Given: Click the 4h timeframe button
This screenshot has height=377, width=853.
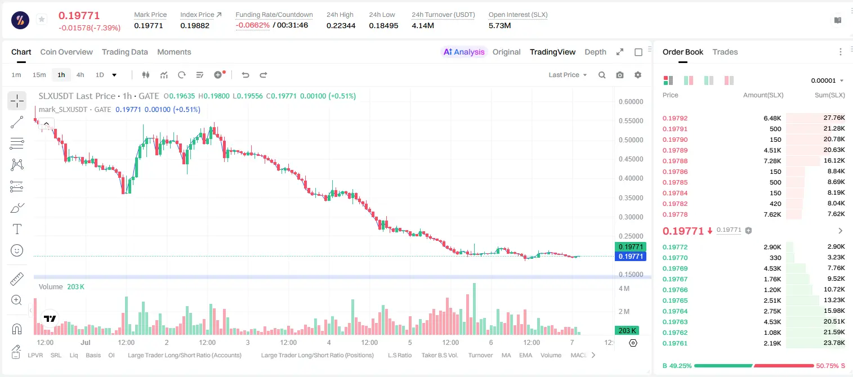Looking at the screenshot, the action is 80,75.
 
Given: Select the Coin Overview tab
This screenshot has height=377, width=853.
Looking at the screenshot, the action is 66,52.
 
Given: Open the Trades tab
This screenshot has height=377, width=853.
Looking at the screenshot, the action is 725,52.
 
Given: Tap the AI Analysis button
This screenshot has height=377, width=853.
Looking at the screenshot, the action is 464,52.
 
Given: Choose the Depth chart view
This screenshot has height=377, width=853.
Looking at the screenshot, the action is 595,52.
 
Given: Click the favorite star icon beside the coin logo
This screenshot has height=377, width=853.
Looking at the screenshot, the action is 42,19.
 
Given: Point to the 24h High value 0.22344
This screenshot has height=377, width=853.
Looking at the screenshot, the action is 341,25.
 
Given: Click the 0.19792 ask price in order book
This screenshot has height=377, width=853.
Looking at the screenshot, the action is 675,118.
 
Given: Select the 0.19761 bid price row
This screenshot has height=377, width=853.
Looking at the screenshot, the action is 675,343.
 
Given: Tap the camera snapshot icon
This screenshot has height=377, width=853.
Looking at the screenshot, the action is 620,75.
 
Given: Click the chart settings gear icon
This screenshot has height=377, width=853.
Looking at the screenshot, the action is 638,75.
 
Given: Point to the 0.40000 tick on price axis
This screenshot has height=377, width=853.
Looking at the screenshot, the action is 631,178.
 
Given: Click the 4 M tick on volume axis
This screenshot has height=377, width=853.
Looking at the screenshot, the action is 624,288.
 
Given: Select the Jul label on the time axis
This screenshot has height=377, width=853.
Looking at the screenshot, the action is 86,342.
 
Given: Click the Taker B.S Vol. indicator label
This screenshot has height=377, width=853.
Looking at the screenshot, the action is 439,355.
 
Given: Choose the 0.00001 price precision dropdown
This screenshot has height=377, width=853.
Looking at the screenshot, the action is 827,80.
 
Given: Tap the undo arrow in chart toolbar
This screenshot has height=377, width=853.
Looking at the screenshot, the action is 245,75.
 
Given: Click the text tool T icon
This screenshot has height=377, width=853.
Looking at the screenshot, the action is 17,229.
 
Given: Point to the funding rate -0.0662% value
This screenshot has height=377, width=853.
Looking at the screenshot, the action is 252,25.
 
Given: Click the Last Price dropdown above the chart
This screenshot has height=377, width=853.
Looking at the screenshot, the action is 568,75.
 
